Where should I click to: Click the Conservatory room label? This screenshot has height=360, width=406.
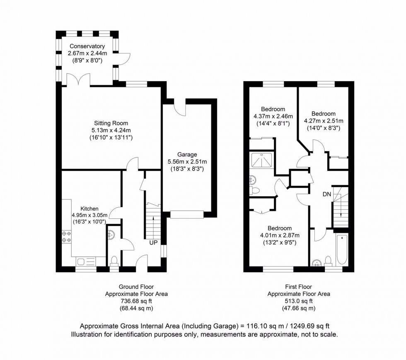click(x=87, y=46)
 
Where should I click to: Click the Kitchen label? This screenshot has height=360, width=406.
click(x=89, y=209)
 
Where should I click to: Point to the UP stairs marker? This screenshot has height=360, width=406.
click(x=153, y=242)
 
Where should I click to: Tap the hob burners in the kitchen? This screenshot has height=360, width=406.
click(x=66, y=236)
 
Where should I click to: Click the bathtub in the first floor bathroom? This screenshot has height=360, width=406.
click(x=342, y=250)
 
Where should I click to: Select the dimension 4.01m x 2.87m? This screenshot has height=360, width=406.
click(x=279, y=235)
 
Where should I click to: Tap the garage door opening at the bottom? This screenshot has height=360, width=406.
click(x=187, y=214)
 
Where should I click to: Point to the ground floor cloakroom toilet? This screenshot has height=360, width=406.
click(x=114, y=261)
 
